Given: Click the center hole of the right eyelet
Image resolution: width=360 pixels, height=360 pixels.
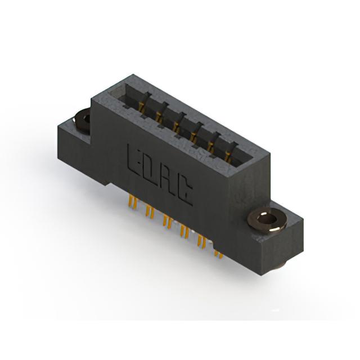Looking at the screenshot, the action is pos(268,220).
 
